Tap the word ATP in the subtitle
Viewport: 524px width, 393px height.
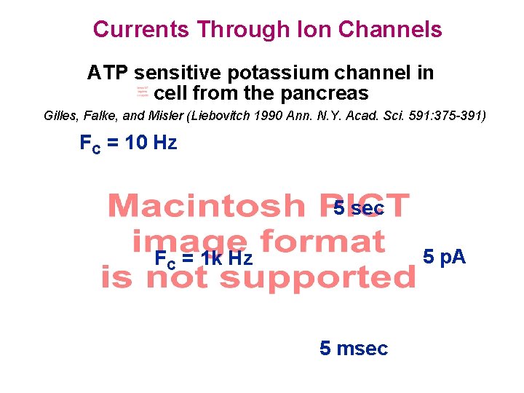coord(108,73)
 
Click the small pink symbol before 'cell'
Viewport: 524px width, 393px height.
coord(143,92)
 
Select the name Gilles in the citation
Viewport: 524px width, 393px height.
coord(60,116)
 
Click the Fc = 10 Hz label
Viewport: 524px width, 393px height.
coord(128,143)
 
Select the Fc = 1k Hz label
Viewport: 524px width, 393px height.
coord(204,258)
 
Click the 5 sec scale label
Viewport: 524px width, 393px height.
coord(359,209)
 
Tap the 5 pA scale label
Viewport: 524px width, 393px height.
coord(445,257)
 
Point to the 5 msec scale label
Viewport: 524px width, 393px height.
coord(354,349)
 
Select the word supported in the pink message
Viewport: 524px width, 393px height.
coord(317,277)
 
